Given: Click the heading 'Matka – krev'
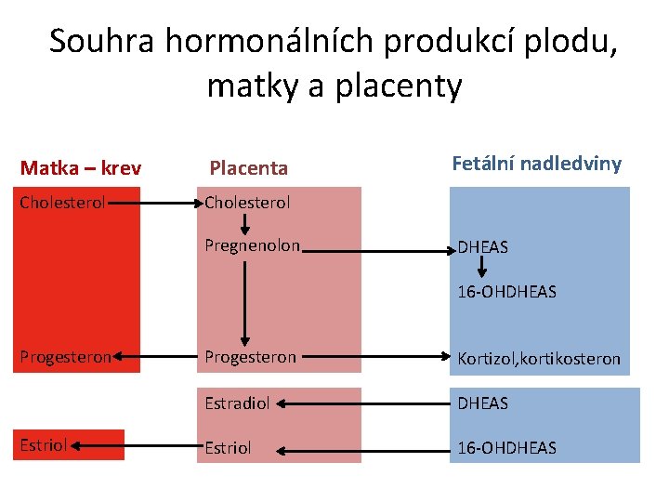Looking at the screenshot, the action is pyautogui.click(x=81, y=168).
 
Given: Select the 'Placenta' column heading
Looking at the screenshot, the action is pyautogui.click(x=248, y=168).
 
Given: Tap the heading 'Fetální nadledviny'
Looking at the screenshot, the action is pyautogui.click(x=536, y=164).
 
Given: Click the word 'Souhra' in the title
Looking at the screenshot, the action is pyautogui.click(x=102, y=41).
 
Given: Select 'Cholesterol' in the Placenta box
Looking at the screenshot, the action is pyautogui.click(x=247, y=202).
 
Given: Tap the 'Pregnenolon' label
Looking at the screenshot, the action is pyautogui.click(x=253, y=245).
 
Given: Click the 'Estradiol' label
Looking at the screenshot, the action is pyautogui.click(x=237, y=403).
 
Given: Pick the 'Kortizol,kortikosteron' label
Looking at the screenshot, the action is pyautogui.click(x=539, y=359).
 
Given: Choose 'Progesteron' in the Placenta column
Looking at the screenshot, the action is pyautogui.click(x=251, y=357).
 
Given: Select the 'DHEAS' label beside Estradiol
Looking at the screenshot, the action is pyautogui.click(x=483, y=403).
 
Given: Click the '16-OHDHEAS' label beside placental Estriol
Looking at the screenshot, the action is pyautogui.click(x=506, y=448).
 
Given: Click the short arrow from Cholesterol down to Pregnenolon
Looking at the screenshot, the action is pyautogui.click(x=246, y=224).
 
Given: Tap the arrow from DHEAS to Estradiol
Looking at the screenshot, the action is pyautogui.click(x=362, y=404).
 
